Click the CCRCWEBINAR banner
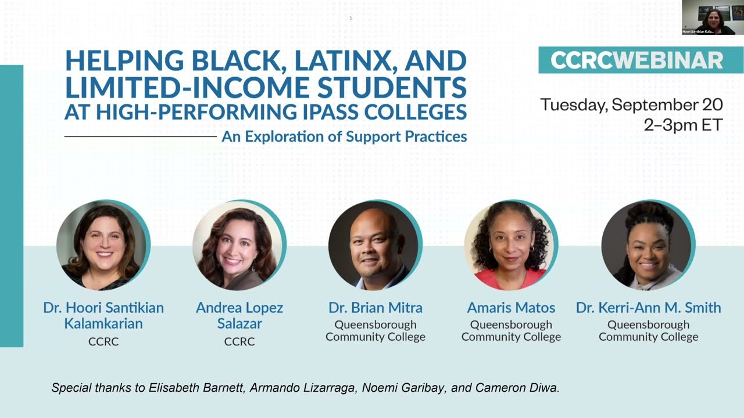636,60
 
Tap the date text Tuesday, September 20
631,105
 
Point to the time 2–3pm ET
683,124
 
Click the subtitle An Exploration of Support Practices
344,137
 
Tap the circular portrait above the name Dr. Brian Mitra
375,245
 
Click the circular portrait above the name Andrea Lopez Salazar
239,245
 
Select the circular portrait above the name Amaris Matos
511,245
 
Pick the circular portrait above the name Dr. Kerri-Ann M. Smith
648,245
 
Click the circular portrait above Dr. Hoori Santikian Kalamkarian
103,245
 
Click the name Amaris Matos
511,308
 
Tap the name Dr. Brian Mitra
375,308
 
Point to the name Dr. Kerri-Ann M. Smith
648,308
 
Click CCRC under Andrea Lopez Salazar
239,342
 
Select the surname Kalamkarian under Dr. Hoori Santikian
103,323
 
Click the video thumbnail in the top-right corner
713,17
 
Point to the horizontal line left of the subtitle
140,137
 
